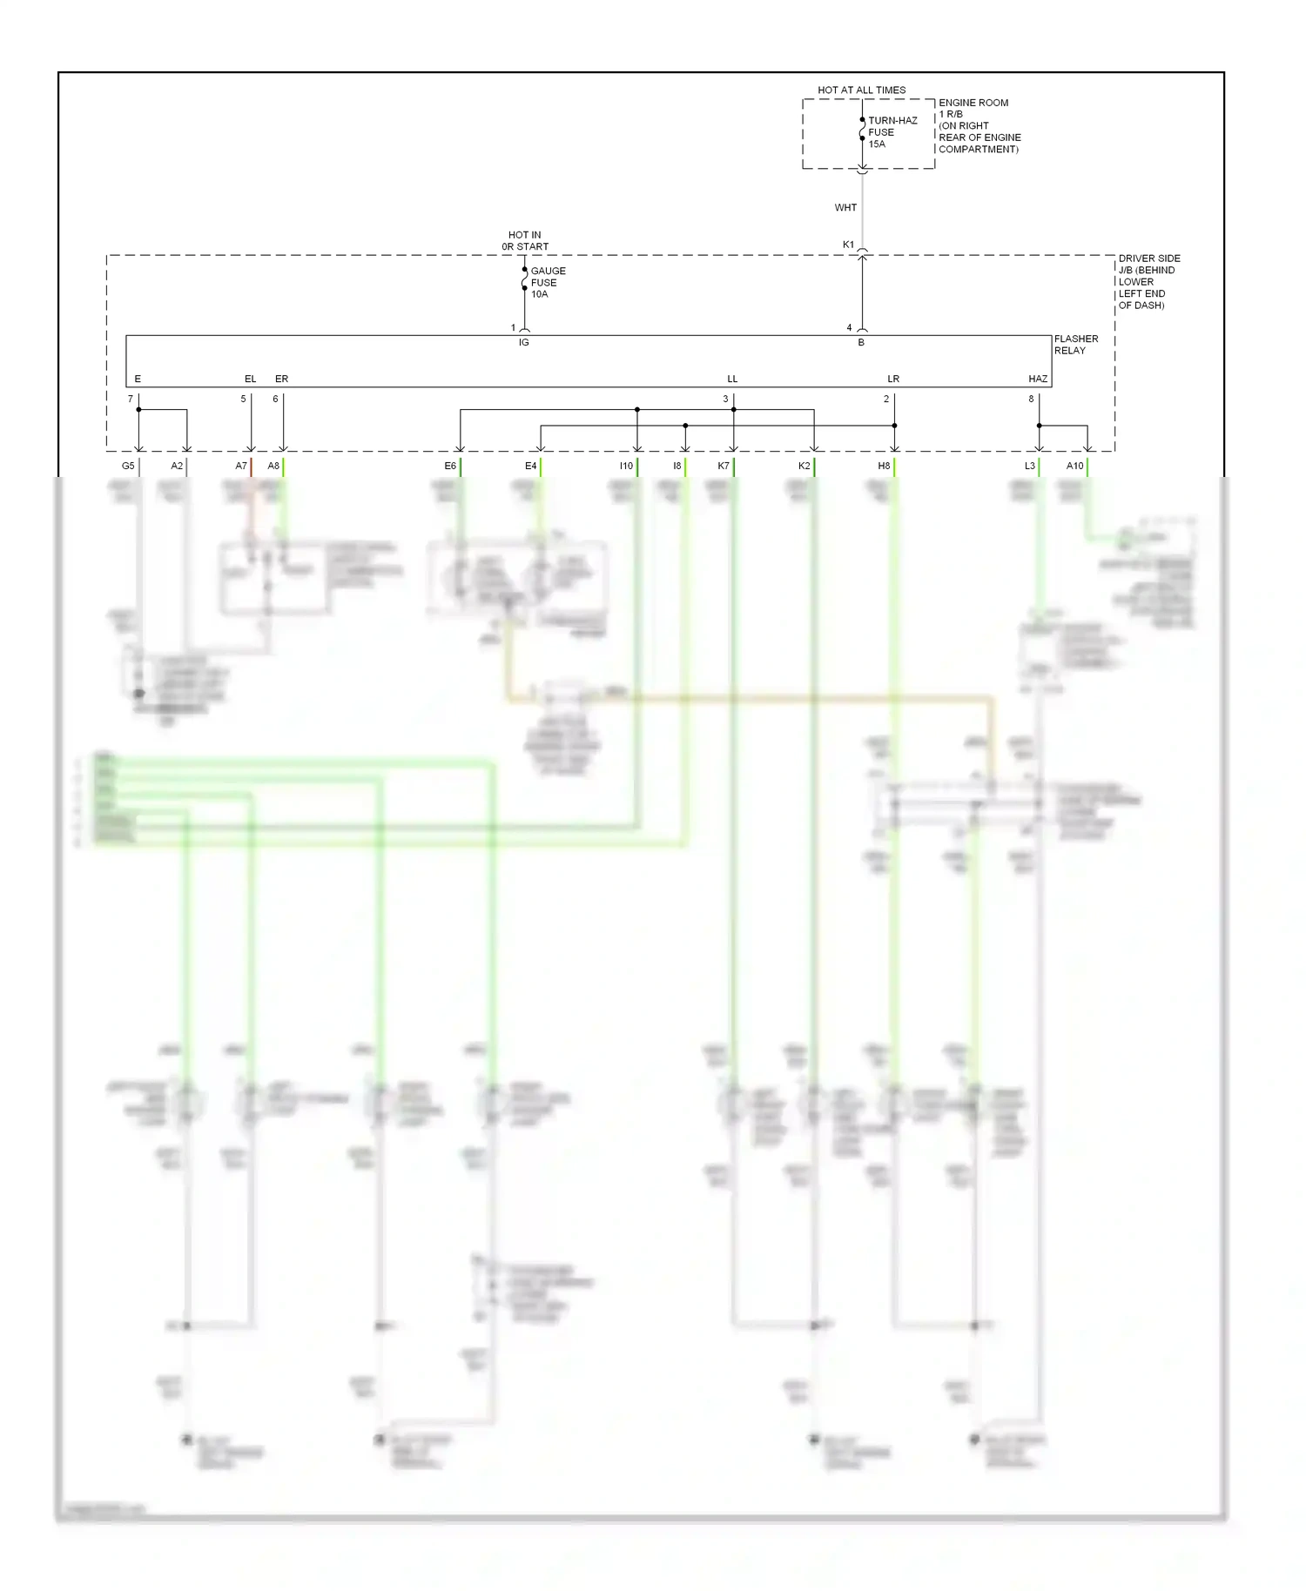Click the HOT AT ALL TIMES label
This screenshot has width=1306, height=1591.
[x=861, y=90]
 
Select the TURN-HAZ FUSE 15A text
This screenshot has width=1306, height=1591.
[x=892, y=132]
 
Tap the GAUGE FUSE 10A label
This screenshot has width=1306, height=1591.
[x=548, y=283]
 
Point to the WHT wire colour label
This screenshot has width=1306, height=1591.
[x=845, y=207]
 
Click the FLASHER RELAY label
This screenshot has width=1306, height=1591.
[x=1075, y=345]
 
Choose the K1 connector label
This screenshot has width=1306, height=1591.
[x=848, y=245]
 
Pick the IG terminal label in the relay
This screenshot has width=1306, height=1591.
[x=523, y=343]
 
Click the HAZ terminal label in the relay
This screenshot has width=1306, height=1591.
[x=1037, y=379]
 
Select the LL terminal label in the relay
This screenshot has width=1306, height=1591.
[x=732, y=379]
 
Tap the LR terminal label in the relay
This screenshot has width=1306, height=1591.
[x=893, y=379]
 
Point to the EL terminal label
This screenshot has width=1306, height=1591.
[x=250, y=379]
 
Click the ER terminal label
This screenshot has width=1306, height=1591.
[x=281, y=379]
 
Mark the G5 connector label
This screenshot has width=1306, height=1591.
[x=128, y=466]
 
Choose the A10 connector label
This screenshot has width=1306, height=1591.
[x=1074, y=466]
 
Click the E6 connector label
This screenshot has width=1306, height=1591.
[x=450, y=466]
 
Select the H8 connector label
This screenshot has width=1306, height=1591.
[x=884, y=466]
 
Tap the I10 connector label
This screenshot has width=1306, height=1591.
[x=626, y=466]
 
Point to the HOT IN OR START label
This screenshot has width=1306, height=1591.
[x=525, y=240]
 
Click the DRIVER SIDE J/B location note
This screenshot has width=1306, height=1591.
[x=1148, y=282]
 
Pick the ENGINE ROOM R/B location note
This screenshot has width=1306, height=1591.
[x=979, y=126]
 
